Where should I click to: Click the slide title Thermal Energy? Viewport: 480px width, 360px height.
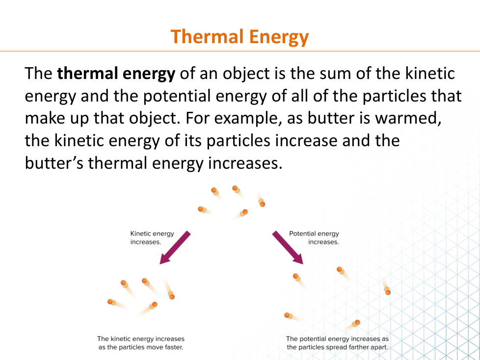point(240,37)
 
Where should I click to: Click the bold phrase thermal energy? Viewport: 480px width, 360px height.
point(116,74)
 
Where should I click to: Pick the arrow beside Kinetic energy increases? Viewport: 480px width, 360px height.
point(175,248)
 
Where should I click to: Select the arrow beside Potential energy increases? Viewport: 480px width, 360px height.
point(288,248)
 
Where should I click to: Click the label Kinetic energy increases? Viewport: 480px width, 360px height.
point(152,238)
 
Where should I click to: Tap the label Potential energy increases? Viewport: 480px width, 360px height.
point(314,238)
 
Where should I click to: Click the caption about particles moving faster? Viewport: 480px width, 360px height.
point(141,343)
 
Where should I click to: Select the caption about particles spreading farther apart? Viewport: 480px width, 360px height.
point(337,343)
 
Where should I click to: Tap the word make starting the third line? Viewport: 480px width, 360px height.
point(45,118)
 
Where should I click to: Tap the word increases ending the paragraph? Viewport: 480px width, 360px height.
point(245,163)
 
